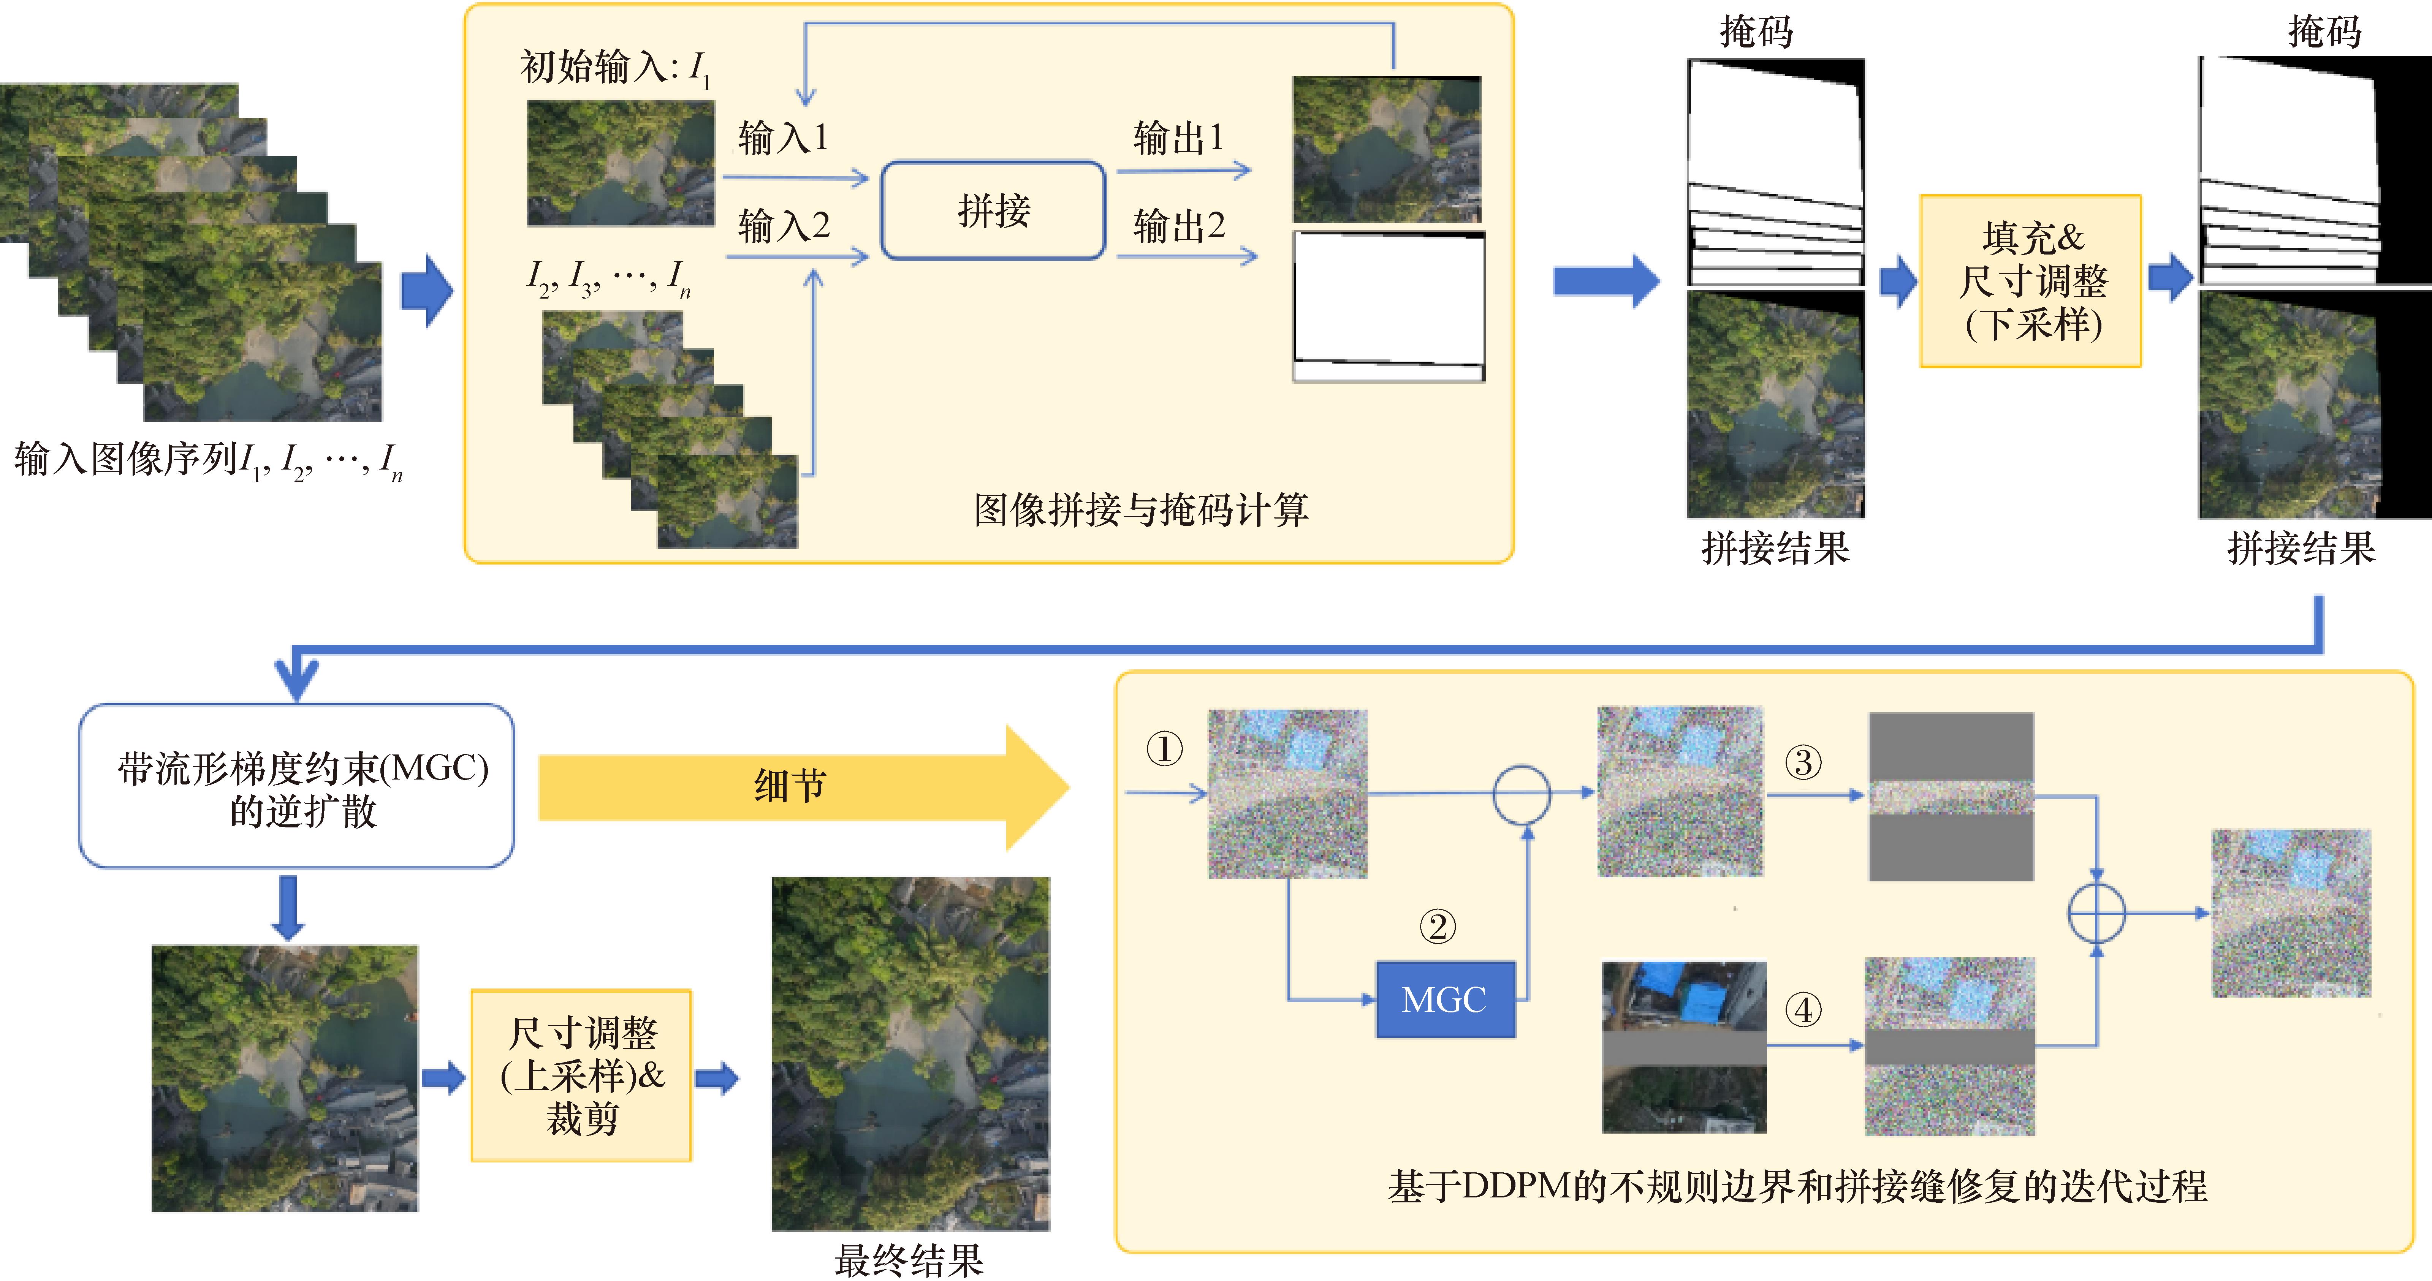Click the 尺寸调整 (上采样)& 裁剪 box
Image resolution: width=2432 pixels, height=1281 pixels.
(x=581, y=1075)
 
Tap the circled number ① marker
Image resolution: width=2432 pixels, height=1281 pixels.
(x=1164, y=750)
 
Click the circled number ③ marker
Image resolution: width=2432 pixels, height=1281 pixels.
(x=1802, y=762)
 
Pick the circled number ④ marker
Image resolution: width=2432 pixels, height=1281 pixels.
(x=1802, y=1010)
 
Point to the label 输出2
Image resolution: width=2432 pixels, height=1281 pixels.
(x=1178, y=226)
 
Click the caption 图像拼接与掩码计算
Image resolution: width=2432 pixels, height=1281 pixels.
(x=1140, y=510)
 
